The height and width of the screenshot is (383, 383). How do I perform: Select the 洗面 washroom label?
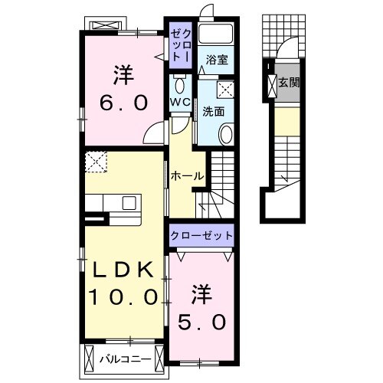[214, 110]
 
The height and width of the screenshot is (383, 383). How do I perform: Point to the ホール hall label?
[186, 176]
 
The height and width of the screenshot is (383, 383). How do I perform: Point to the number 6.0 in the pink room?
[122, 102]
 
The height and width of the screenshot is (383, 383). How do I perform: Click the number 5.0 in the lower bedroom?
[201, 321]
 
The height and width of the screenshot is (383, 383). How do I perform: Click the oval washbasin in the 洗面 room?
[227, 135]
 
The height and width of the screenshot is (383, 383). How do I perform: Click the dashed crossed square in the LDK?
[97, 162]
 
